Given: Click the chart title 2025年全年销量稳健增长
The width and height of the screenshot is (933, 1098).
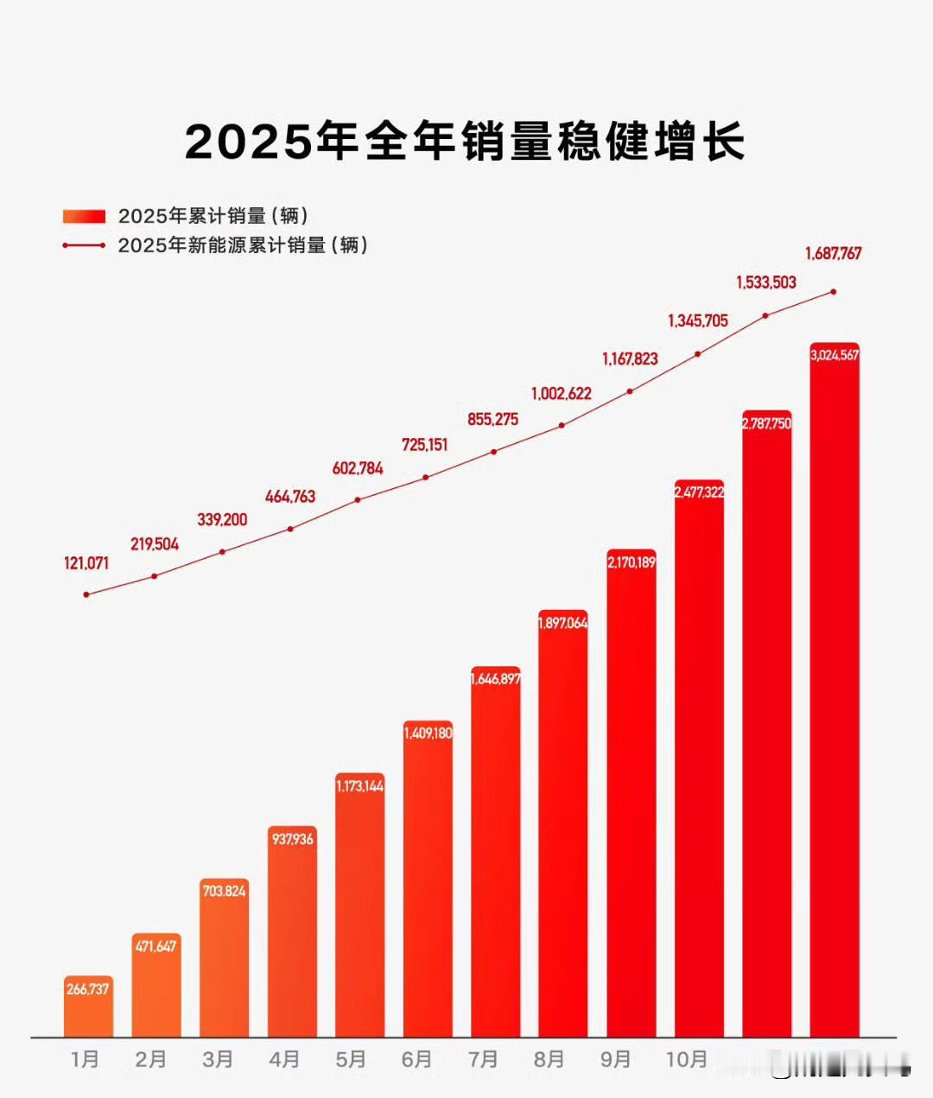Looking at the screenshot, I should point(465,141).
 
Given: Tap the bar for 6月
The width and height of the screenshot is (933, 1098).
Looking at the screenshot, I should point(428,881).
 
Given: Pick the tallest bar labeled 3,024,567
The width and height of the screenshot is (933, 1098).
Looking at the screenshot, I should point(835,691).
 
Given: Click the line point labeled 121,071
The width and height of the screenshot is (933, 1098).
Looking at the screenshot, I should point(86,594).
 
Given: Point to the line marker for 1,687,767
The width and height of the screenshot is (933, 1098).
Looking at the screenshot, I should point(834,291).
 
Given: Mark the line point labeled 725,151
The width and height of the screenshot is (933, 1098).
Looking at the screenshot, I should point(426,477).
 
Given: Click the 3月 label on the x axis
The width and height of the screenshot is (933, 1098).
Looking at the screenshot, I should point(218,1059).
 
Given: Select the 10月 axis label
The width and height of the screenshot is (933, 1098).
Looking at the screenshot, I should point(687,1059).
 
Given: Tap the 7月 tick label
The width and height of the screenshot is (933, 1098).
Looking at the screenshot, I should point(483,1059).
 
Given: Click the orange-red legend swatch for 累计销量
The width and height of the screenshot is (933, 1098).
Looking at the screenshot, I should point(84,216).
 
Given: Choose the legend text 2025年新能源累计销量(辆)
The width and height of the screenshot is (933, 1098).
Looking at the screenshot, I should point(243,245).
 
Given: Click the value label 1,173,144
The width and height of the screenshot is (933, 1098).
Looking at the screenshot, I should point(359,786).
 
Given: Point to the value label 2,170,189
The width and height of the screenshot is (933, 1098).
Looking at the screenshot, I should point(632,562).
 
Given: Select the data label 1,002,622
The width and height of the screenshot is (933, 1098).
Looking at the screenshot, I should point(562,394).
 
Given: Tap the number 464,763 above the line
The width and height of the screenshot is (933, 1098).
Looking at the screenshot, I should point(290,497).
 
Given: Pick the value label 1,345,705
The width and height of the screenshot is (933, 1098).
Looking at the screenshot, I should point(698,321).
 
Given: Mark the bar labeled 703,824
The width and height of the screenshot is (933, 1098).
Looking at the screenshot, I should point(224,959).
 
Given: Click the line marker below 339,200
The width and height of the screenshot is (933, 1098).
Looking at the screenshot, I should point(222,551).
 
